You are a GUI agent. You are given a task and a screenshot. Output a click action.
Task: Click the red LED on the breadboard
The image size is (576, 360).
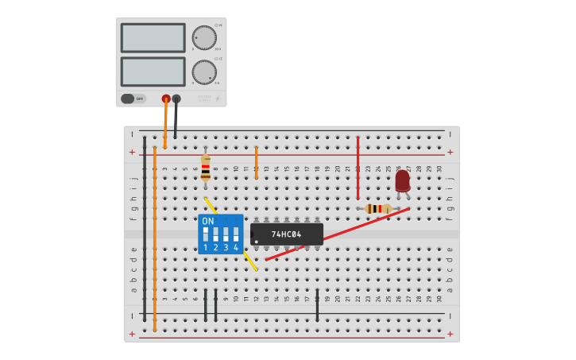click(x=403, y=181)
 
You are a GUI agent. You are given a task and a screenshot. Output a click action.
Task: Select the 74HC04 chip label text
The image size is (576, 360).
click(x=286, y=234)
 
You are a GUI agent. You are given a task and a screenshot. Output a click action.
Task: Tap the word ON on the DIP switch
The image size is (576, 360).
click(x=208, y=222)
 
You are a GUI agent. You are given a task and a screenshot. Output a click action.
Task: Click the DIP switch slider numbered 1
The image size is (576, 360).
click(x=206, y=234)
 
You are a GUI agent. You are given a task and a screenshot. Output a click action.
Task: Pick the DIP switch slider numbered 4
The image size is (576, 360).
click(x=236, y=234)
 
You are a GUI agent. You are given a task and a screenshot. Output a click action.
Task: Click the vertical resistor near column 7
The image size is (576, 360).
click(x=206, y=168)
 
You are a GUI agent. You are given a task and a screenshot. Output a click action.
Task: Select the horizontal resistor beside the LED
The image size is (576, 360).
click(x=378, y=209)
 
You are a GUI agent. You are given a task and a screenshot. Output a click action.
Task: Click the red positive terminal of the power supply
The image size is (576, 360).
click(x=166, y=99)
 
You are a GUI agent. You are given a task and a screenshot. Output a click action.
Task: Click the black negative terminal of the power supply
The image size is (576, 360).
click(x=176, y=99)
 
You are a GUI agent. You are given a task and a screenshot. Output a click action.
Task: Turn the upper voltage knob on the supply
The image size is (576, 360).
click(x=204, y=37)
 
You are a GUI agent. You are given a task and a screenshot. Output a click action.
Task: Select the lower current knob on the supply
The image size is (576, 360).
click(x=204, y=72)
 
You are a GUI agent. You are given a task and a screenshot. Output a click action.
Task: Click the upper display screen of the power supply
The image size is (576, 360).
click(x=153, y=37)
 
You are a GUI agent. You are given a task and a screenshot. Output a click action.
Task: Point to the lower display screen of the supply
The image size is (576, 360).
click(x=153, y=72)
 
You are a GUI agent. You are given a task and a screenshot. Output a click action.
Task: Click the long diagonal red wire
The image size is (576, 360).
click(x=338, y=234)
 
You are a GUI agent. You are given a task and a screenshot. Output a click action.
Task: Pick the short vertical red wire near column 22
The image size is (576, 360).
click(x=358, y=167)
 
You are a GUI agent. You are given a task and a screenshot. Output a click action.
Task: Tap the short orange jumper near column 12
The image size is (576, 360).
click(x=256, y=162)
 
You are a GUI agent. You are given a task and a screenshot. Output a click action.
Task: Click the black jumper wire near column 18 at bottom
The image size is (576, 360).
click(x=317, y=305)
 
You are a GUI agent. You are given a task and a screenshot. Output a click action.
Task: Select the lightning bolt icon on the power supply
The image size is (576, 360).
click(x=218, y=99)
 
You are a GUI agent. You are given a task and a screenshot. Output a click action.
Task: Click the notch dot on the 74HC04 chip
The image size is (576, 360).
click(x=256, y=241)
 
